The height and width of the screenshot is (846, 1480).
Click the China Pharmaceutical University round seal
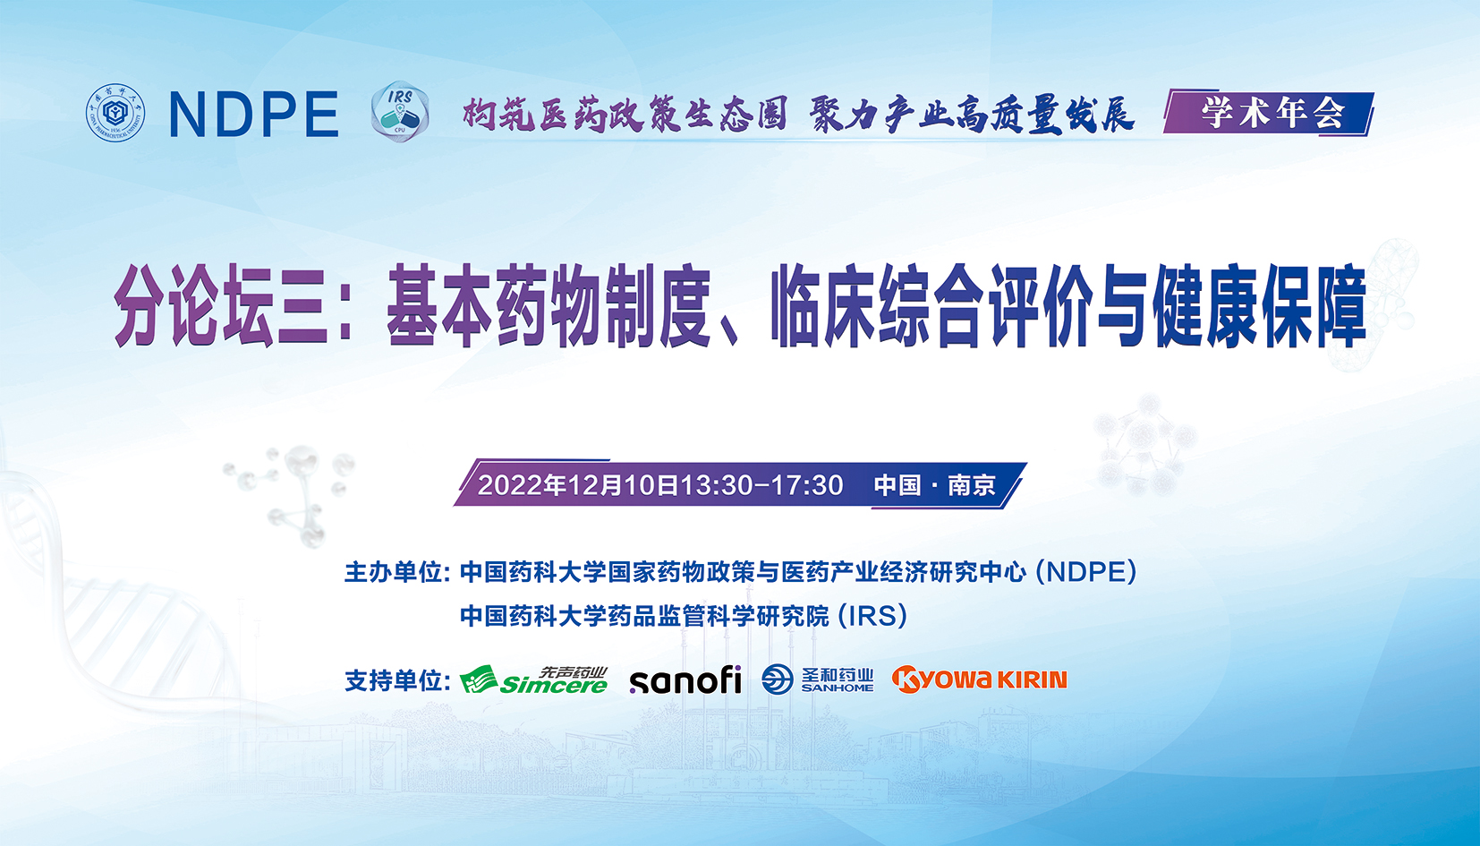(115, 113)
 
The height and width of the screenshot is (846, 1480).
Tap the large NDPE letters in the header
(254, 115)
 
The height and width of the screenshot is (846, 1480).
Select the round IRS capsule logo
(400, 112)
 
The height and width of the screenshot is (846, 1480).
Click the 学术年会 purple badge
(1269, 114)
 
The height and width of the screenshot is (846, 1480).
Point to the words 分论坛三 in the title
(221, 305)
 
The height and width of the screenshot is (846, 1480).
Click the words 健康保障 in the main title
(1259, 305)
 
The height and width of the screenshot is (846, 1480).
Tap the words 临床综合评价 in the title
(931, 305)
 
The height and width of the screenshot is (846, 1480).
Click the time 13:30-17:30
(761, 485)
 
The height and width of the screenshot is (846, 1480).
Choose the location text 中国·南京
(935, 485)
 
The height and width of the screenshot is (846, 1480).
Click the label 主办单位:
(397, 572)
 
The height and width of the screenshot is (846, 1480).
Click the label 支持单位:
(397, 680)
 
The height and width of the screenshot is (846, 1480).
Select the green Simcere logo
(534, 680)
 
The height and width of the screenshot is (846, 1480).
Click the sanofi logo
(685, 680)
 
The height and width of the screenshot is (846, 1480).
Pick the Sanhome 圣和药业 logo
(817, 679)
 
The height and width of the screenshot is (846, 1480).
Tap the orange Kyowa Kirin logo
(979, 679)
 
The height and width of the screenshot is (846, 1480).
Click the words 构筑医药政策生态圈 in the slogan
(625, 114)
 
